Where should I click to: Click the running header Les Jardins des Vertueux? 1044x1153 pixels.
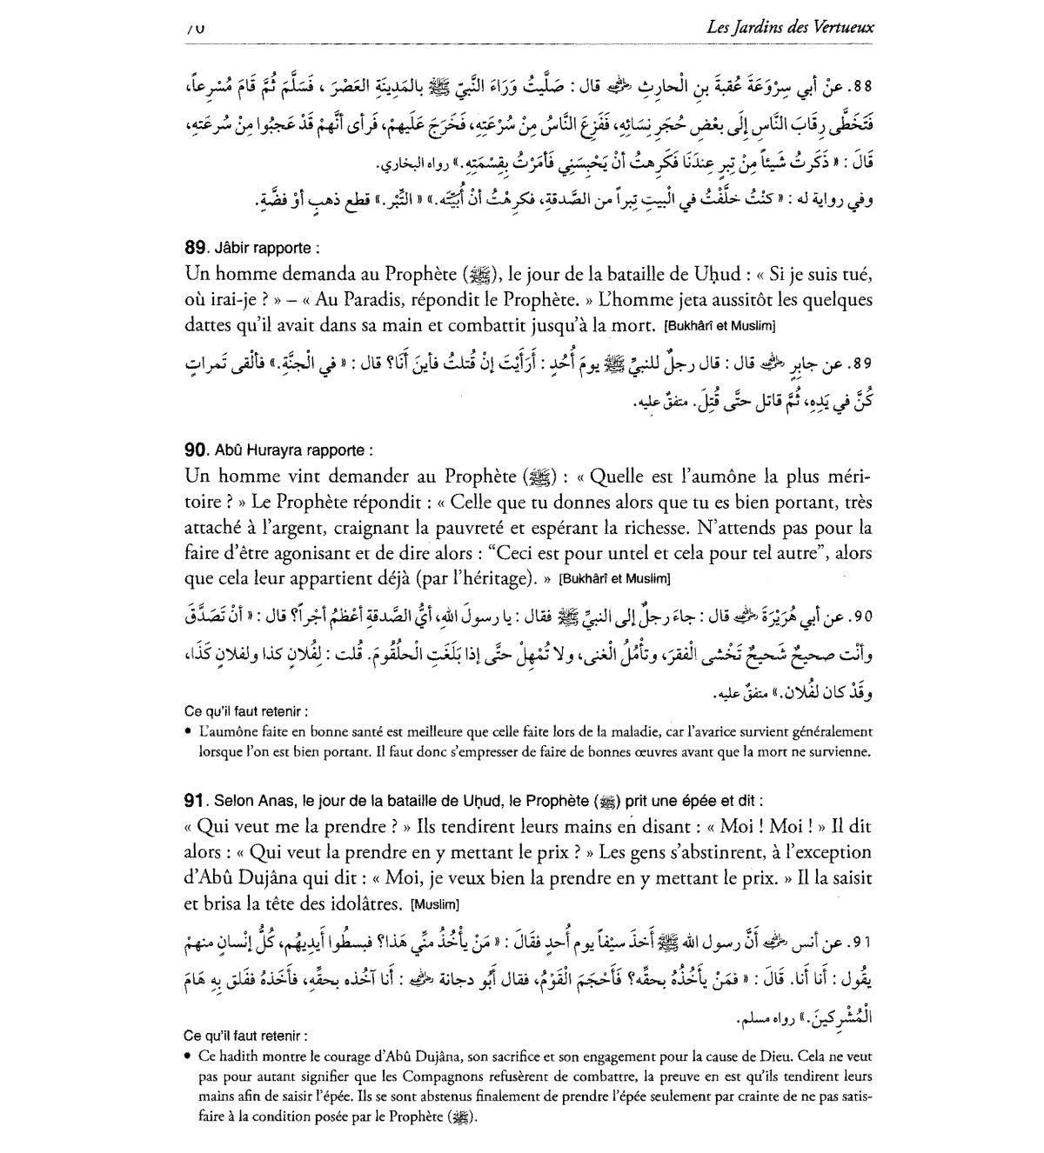(791, 28)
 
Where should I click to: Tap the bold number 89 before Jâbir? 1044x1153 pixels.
(196, 248)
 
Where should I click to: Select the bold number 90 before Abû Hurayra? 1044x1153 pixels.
(196, 450)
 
